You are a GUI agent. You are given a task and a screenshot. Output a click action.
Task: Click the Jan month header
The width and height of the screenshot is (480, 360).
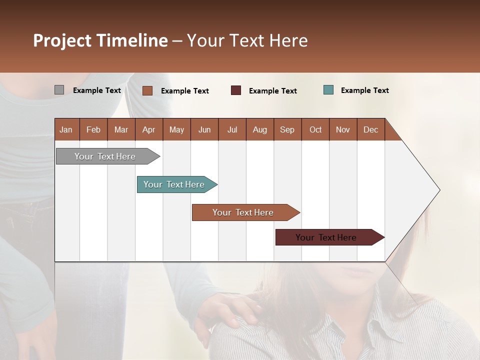(66, 129)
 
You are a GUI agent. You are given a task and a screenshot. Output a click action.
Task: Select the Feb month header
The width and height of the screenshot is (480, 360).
(93, 129)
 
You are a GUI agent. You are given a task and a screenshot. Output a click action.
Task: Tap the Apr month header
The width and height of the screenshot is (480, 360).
(149, 129)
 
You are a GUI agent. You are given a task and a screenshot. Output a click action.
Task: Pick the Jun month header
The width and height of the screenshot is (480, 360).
(204, 129)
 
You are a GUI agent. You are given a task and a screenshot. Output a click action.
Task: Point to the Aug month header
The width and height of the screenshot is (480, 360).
(260, 129)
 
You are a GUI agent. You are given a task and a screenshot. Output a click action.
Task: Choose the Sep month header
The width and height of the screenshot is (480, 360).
(287, 129)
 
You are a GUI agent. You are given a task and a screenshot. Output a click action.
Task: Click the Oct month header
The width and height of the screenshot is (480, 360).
(315, 129)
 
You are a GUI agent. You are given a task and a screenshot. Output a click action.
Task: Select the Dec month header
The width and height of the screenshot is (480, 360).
(371, 129)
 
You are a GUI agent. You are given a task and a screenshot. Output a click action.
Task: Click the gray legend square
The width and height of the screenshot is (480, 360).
(59, 90)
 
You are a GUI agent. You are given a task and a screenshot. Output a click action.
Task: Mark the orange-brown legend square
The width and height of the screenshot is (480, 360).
(147, 90)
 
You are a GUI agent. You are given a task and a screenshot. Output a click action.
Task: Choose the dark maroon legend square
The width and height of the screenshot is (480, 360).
(236, 90)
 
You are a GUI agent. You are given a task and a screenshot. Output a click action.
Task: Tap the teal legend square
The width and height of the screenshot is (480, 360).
(328, 90)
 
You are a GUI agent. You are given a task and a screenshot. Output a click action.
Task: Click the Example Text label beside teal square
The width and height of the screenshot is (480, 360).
(365, 90)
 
